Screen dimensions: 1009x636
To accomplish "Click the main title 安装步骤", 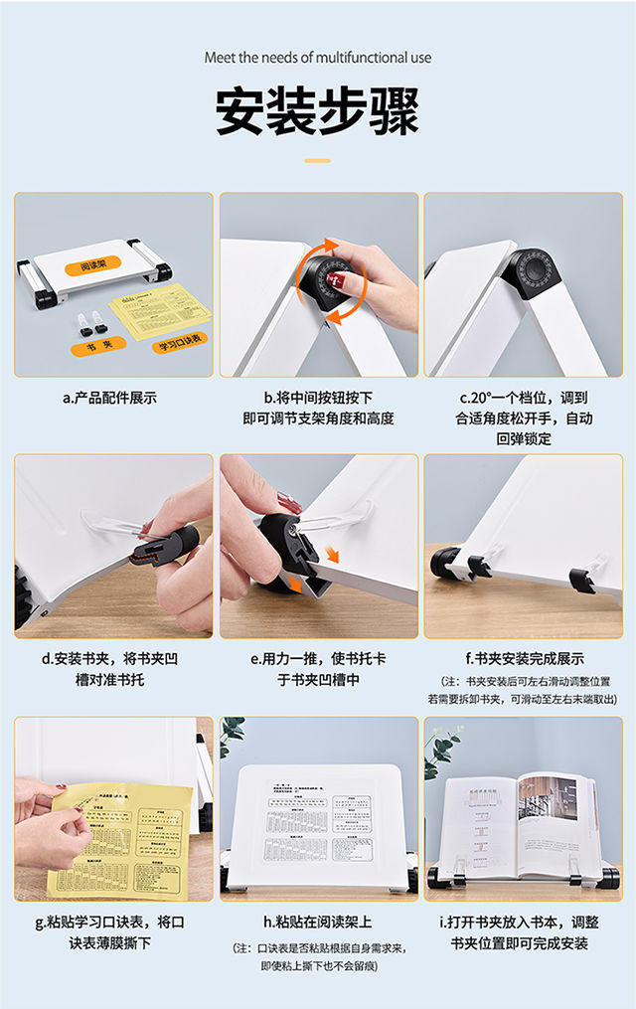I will [317, 111].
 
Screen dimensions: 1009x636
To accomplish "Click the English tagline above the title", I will [318, 58].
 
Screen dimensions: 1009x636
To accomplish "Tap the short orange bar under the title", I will [317, 160].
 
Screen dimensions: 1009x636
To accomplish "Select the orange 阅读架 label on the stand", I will [99, 264].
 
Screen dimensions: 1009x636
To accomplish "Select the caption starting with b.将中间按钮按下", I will [318, 409].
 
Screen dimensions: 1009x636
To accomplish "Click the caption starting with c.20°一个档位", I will [523, 419].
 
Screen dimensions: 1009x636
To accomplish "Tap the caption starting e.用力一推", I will [318, 669].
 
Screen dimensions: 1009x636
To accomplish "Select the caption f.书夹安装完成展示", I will [524, 659].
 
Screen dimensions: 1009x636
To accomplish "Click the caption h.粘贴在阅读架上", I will [318, 922].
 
